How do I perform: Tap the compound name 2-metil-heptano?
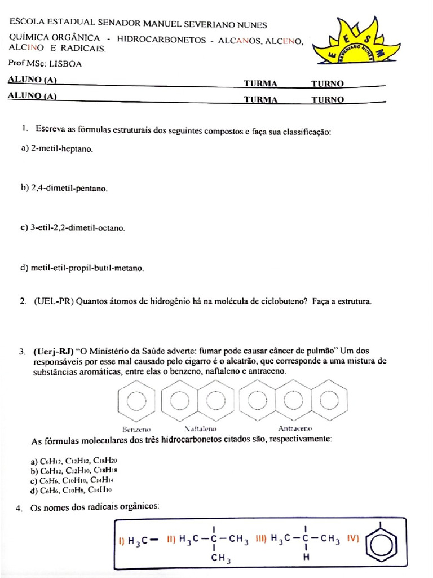[56, 149]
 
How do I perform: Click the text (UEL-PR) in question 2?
[54, 301]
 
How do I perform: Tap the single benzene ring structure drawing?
[136, 401]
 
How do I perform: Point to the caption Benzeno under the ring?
[136, 428]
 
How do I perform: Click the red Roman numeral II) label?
[171, 540]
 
